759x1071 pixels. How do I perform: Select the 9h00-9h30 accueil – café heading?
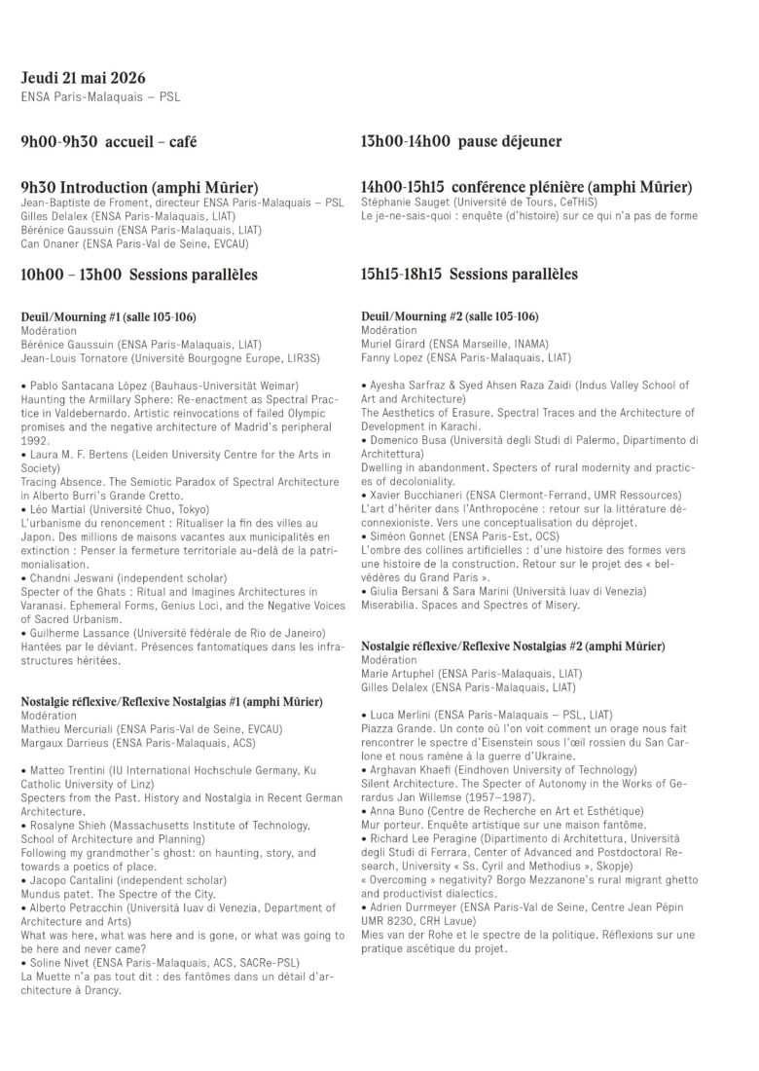pyautogui.click(x=109, y=142)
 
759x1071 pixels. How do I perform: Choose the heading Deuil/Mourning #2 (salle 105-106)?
pyautogui.click(x=450, y=317)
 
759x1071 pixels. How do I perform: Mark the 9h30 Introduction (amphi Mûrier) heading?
pyautogui.click(x=139, y=187)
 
